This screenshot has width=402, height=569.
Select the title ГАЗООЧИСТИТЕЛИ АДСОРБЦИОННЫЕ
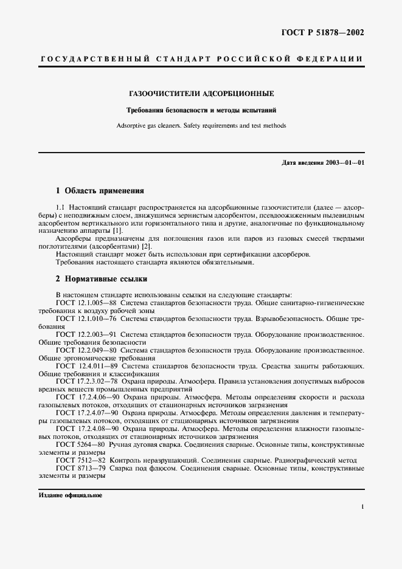201,94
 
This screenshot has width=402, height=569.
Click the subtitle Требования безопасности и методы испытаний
201,111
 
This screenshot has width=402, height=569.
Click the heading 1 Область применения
99,190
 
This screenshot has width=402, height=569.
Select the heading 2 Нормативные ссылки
101,280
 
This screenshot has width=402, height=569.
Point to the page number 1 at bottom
362,506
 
